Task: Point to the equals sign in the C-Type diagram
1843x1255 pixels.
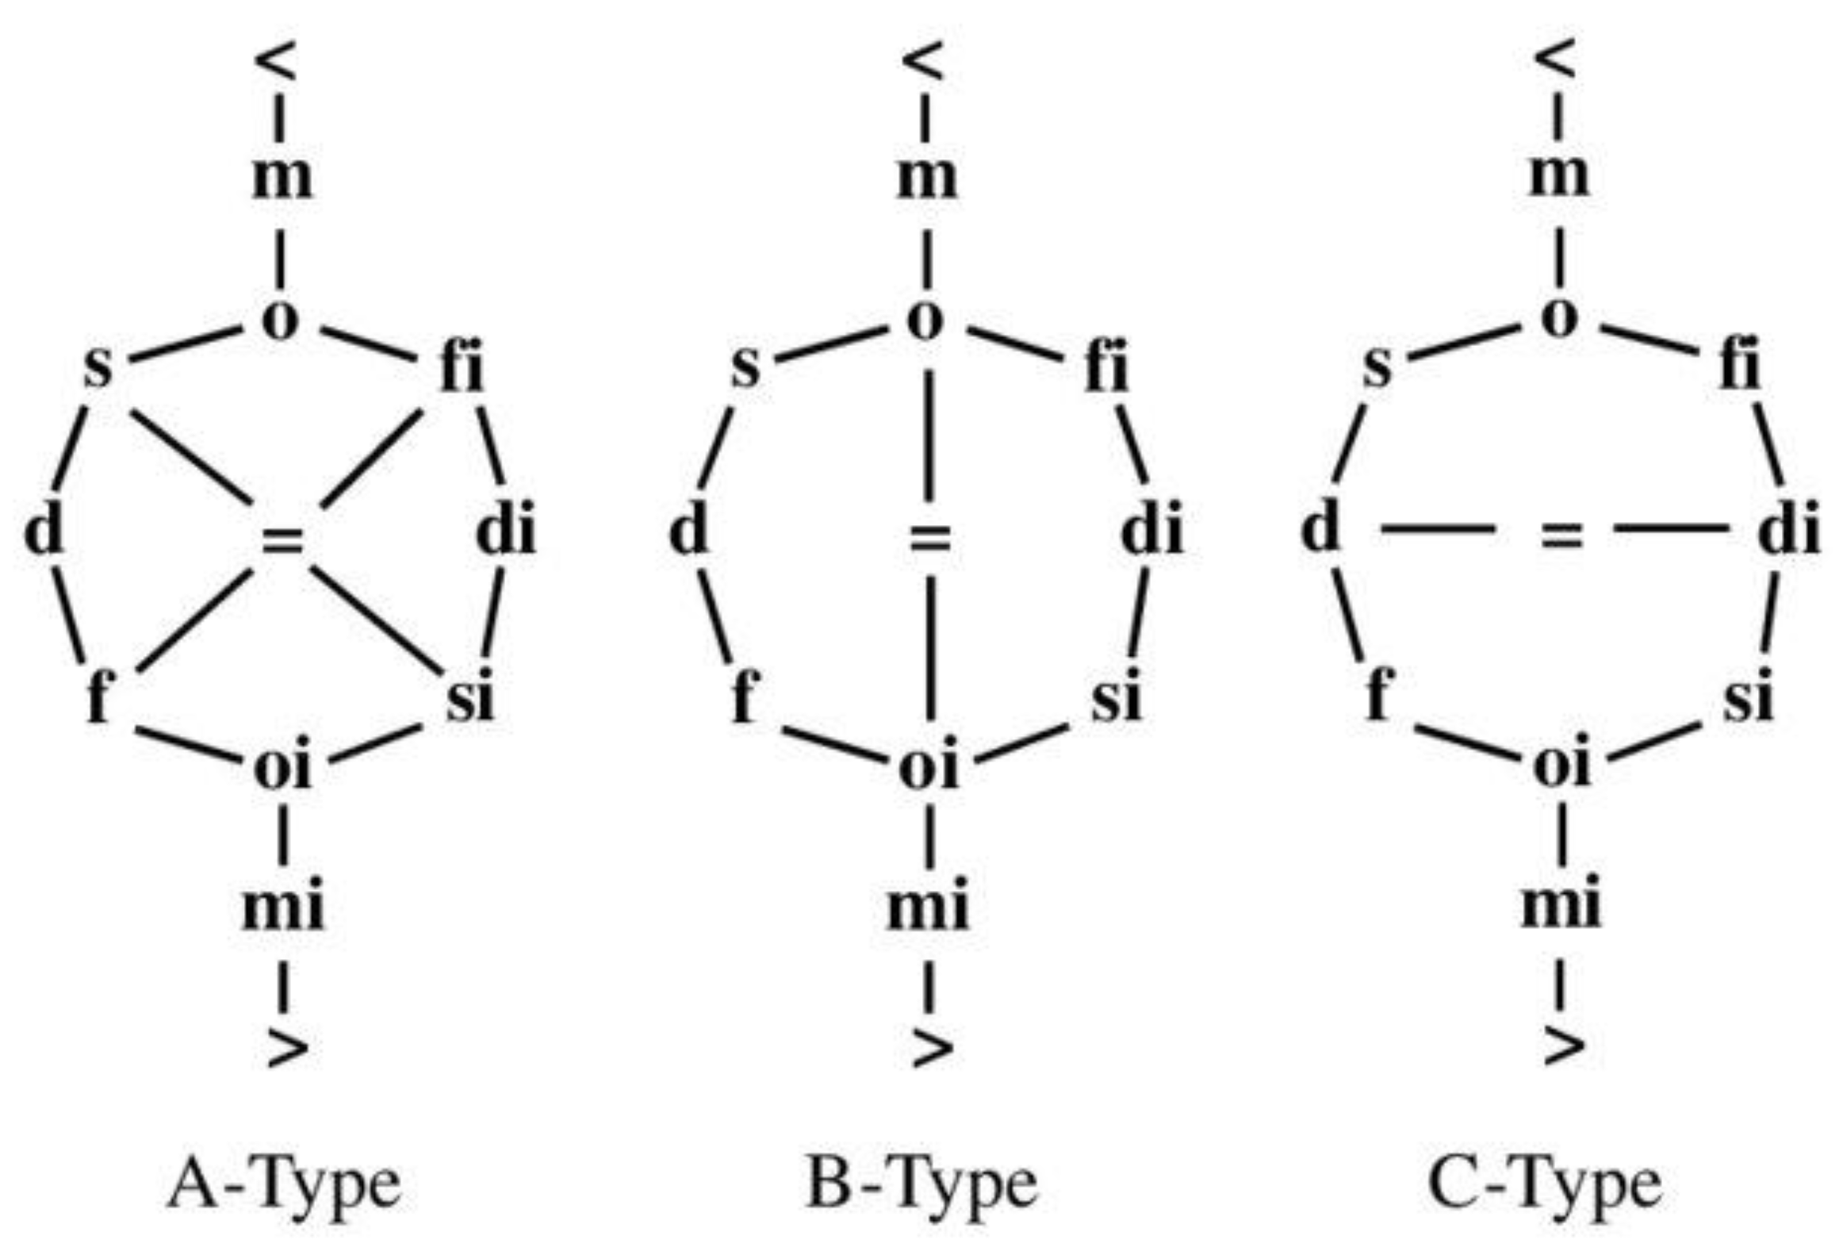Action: pyautogui.click(x=1561, y=535)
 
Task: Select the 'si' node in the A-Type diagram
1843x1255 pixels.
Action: pyautogui.click(x=469, y=696)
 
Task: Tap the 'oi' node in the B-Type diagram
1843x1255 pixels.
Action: pyautogui.click(x=928, y=767)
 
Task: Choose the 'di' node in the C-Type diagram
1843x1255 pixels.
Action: pyautogui.click(x=1787, y=530)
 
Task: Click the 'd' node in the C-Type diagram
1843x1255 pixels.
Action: pyautogui.click(x=1320, y=528)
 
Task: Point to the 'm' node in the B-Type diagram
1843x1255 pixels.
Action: pyautogui.click(x=926, y=178)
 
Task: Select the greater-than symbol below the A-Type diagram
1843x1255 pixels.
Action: pyautogui.click(x=287, y=1049)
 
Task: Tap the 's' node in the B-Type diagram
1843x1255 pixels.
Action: pyautogui.click(x=745, y=367)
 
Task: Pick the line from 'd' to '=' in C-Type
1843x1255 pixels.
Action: pyautogui.click(x=1438, y=528)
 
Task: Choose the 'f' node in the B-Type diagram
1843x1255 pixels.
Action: pyautogui.click(x=744, y=696)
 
